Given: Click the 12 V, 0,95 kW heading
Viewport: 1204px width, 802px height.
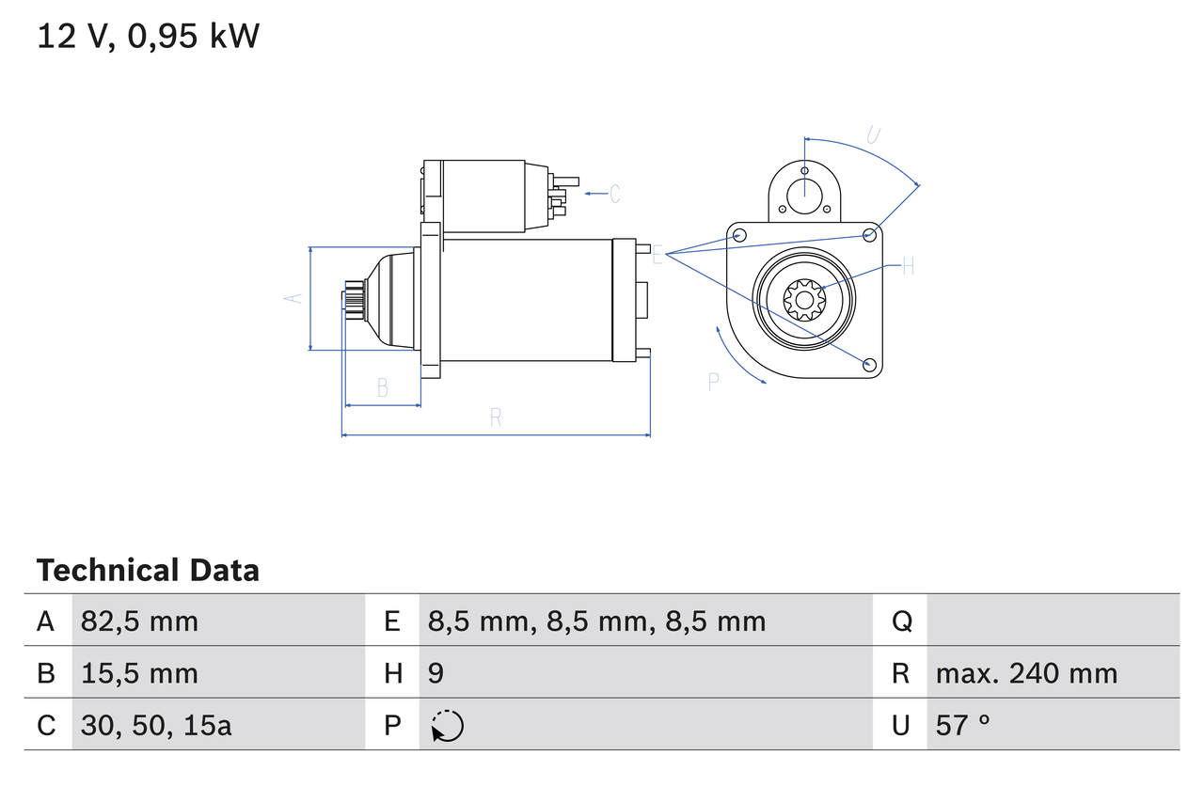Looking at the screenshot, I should [148, 37].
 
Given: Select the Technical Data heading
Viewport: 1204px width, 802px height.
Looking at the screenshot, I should [148, 571].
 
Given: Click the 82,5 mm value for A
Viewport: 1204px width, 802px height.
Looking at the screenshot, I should [139, 621].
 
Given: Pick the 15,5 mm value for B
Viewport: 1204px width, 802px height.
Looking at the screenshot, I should [139, 673].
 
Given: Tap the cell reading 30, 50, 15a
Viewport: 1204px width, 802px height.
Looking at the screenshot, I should [156, 725].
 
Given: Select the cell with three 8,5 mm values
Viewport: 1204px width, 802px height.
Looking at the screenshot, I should [596, 621].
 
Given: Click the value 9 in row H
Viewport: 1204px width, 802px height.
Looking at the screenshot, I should [436, 673].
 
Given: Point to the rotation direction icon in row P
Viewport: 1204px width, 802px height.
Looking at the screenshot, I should [447, 726].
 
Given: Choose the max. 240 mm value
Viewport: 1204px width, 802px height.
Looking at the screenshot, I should [1026, 673].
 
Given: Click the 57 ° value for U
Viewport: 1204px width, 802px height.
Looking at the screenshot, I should [963, 725].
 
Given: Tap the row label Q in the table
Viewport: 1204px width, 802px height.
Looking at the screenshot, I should [901, 621].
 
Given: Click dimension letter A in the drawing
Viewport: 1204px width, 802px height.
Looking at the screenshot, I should [293, 297].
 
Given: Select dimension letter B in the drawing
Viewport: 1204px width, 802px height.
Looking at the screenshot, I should [383, 387].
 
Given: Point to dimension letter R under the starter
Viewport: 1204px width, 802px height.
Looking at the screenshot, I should [496, 418].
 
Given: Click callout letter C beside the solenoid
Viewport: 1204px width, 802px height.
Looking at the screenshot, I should [614, 195].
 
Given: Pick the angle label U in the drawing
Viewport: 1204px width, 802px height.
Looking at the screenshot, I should [873, 135].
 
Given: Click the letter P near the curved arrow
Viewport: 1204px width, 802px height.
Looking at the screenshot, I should [714, 381].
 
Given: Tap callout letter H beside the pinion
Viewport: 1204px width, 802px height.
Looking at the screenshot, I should [908, 267].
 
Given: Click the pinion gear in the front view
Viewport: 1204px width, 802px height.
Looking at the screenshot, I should [804, 301].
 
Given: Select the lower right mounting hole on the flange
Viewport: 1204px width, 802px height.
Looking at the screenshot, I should [869, 364].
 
